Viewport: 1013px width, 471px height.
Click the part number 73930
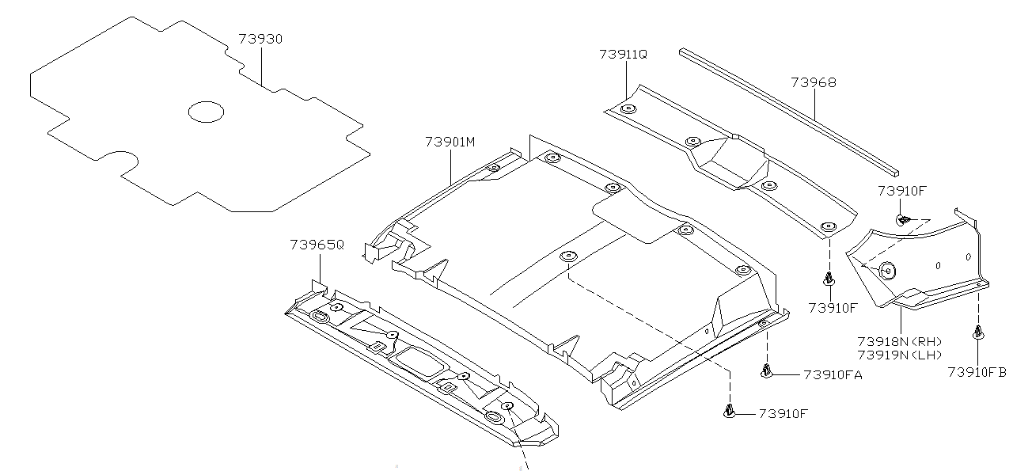[260, 39]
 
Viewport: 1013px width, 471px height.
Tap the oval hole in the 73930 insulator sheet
[206, 112]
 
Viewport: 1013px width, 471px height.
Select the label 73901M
[450, 142]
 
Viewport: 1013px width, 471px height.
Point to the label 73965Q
[317, 245]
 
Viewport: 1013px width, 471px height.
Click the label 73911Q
[623, 54]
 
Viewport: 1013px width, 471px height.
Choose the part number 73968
[813, 82]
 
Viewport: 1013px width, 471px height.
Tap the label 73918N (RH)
[899, 341]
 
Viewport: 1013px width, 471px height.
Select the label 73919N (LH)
[899, 355]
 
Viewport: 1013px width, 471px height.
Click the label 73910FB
[977, 372]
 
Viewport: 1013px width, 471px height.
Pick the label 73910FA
[833, 374]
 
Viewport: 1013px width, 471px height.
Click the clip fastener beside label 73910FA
[767, 370]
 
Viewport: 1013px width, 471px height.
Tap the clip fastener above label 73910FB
[979, 333]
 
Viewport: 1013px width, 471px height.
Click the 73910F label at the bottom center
[784, 413]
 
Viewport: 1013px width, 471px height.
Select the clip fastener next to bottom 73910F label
[729, 410]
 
